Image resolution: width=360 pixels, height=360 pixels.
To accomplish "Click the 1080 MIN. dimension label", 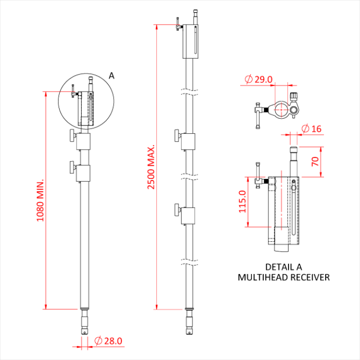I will (40, 201).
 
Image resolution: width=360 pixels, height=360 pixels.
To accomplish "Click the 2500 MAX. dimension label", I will (151, 167).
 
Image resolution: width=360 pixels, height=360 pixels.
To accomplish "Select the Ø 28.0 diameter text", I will (109, 341).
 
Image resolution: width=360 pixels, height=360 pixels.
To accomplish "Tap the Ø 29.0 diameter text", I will (259, 79).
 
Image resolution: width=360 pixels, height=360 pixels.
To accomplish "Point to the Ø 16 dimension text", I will (311, 129).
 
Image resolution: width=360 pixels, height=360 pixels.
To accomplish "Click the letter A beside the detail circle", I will (112, 76).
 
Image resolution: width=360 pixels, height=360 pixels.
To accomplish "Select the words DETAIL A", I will (283, 267).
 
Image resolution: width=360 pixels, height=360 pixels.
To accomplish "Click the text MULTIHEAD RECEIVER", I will (283, 278).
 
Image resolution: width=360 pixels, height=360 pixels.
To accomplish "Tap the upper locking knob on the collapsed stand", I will (71, 137).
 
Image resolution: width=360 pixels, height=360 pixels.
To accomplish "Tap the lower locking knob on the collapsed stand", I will (71, 168).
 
